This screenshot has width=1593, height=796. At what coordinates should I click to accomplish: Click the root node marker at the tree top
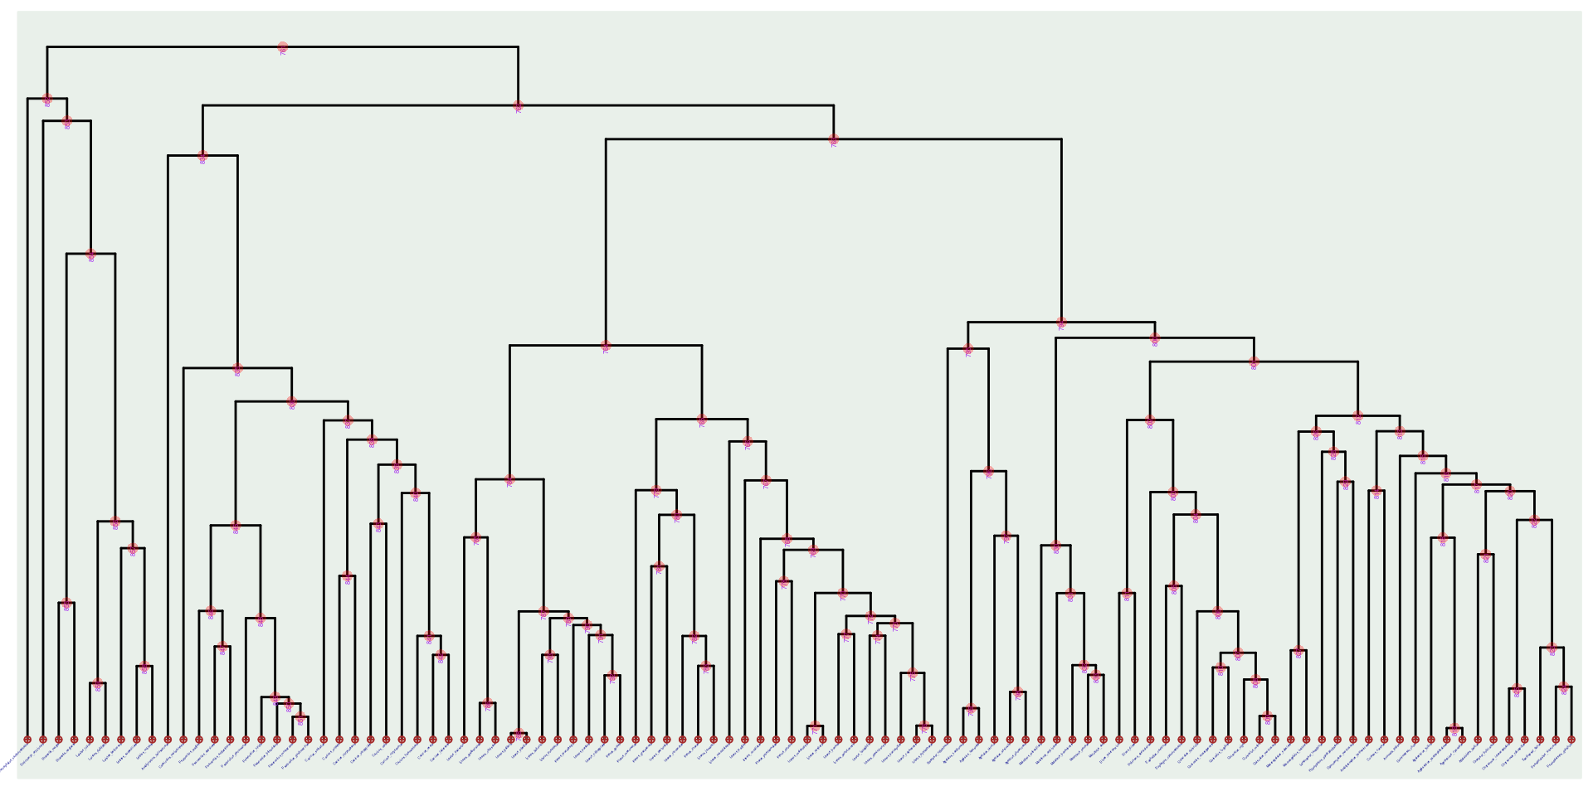pos(283,47)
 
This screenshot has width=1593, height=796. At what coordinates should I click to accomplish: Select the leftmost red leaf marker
pos(27,740)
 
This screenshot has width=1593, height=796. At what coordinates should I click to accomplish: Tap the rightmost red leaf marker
pos(1571,740)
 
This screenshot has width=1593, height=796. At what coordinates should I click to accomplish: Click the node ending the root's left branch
pos(47,99)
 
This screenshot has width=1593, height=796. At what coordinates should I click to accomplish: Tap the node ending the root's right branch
pos(519,106)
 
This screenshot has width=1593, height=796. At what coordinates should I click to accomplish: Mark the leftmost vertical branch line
pos(27,415)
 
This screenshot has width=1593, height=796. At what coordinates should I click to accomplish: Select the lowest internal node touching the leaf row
pos(519,734)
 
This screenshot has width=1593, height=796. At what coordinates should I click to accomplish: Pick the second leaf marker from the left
pos(43,740)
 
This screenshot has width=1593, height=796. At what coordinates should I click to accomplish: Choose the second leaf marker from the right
pos(1556,740)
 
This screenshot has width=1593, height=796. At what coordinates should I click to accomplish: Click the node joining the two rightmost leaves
pos(1564,687)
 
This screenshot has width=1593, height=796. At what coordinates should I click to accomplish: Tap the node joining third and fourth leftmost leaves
pos(66,604)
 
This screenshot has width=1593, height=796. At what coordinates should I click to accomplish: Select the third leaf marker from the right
pos(1540,740)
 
